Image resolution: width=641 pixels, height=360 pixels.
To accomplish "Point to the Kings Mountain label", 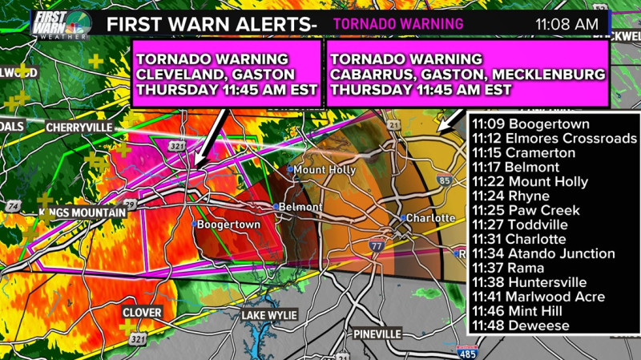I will [83, 212].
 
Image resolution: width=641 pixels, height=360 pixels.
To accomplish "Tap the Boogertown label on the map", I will [228, 225].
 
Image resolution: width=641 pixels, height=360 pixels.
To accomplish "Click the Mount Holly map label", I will [320, 170].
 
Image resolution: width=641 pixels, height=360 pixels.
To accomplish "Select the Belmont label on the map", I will [304, 207].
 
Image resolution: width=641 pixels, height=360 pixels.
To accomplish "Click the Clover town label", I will [142, 312].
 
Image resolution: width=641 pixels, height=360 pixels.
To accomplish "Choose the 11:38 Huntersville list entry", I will [529, 282].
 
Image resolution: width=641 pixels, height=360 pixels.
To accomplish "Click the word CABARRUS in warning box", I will [370, 75].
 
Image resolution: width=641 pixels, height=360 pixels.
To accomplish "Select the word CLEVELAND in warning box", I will [178, 75].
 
